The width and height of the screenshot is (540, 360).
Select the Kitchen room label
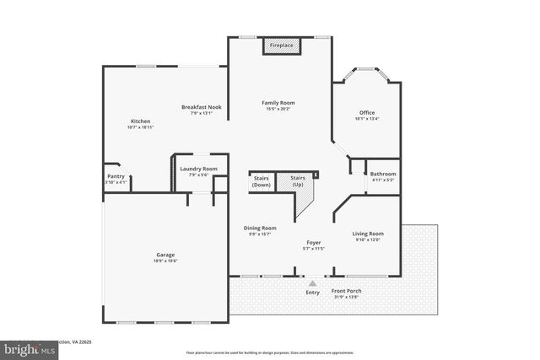[x=140, y=121]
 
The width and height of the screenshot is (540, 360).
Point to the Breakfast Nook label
[x=201, y=107]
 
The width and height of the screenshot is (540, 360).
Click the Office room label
[x=366, y=112]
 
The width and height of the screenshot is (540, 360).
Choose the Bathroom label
[x=383, y=174]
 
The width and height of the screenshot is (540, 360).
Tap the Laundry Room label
[x=198, y=169]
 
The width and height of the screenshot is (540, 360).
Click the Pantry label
[x=115, y=176]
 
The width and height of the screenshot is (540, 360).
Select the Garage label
[x=165, y=255]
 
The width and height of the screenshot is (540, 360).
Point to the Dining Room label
[x=260, y=228]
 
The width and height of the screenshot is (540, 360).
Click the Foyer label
[x=313, y=242]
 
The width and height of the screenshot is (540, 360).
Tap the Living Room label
[x=368, y=234]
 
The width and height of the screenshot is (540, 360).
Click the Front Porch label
[x=347, y=291]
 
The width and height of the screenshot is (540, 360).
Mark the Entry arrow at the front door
[x=313, y=283]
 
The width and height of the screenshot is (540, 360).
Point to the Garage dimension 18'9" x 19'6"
[x=165, y=261]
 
